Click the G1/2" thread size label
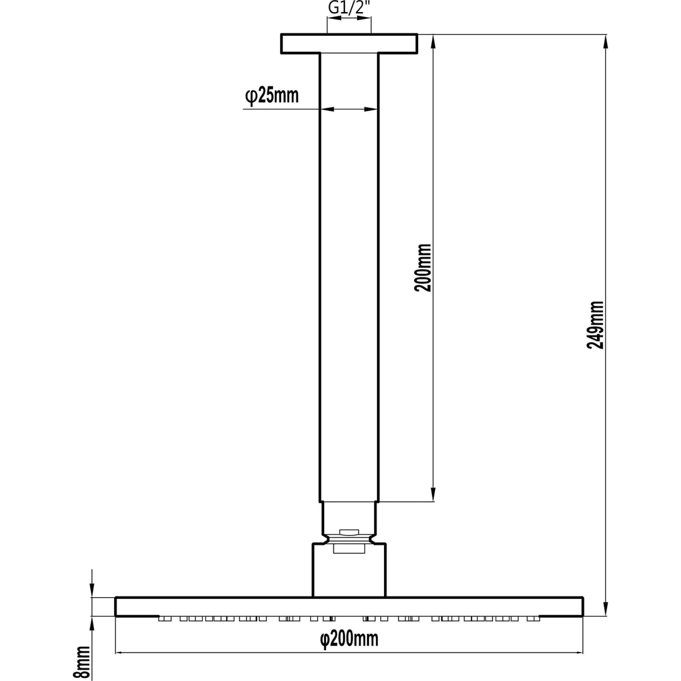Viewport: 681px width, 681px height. coord(349,8)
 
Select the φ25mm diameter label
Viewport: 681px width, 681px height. coord(272,96)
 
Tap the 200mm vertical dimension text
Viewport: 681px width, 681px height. coord(422,267)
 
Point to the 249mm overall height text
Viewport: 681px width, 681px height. coord(595,325)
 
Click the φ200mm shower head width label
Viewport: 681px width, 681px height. coord(349,639)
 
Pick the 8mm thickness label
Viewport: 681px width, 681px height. coord(81,662)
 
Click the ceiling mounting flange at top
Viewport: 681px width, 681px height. coord(349,44)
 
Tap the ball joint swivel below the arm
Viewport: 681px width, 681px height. coord(349,535)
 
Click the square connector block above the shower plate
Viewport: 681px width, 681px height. coord(349,571)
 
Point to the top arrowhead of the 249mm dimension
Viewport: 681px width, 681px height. coord(605,42)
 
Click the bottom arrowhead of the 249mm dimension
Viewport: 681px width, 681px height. coord(605,608)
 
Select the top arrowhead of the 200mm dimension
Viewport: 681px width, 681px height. coord(433,42)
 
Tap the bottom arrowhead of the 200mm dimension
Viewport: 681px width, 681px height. coord(433,494)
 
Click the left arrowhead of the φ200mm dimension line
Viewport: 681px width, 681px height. coord(119,652)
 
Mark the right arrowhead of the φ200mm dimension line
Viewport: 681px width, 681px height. coord(579,652)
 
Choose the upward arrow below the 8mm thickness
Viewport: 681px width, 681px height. coord(92,624)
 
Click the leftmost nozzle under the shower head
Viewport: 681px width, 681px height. coord(165,619)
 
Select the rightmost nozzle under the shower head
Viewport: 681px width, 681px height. coord(533,619)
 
